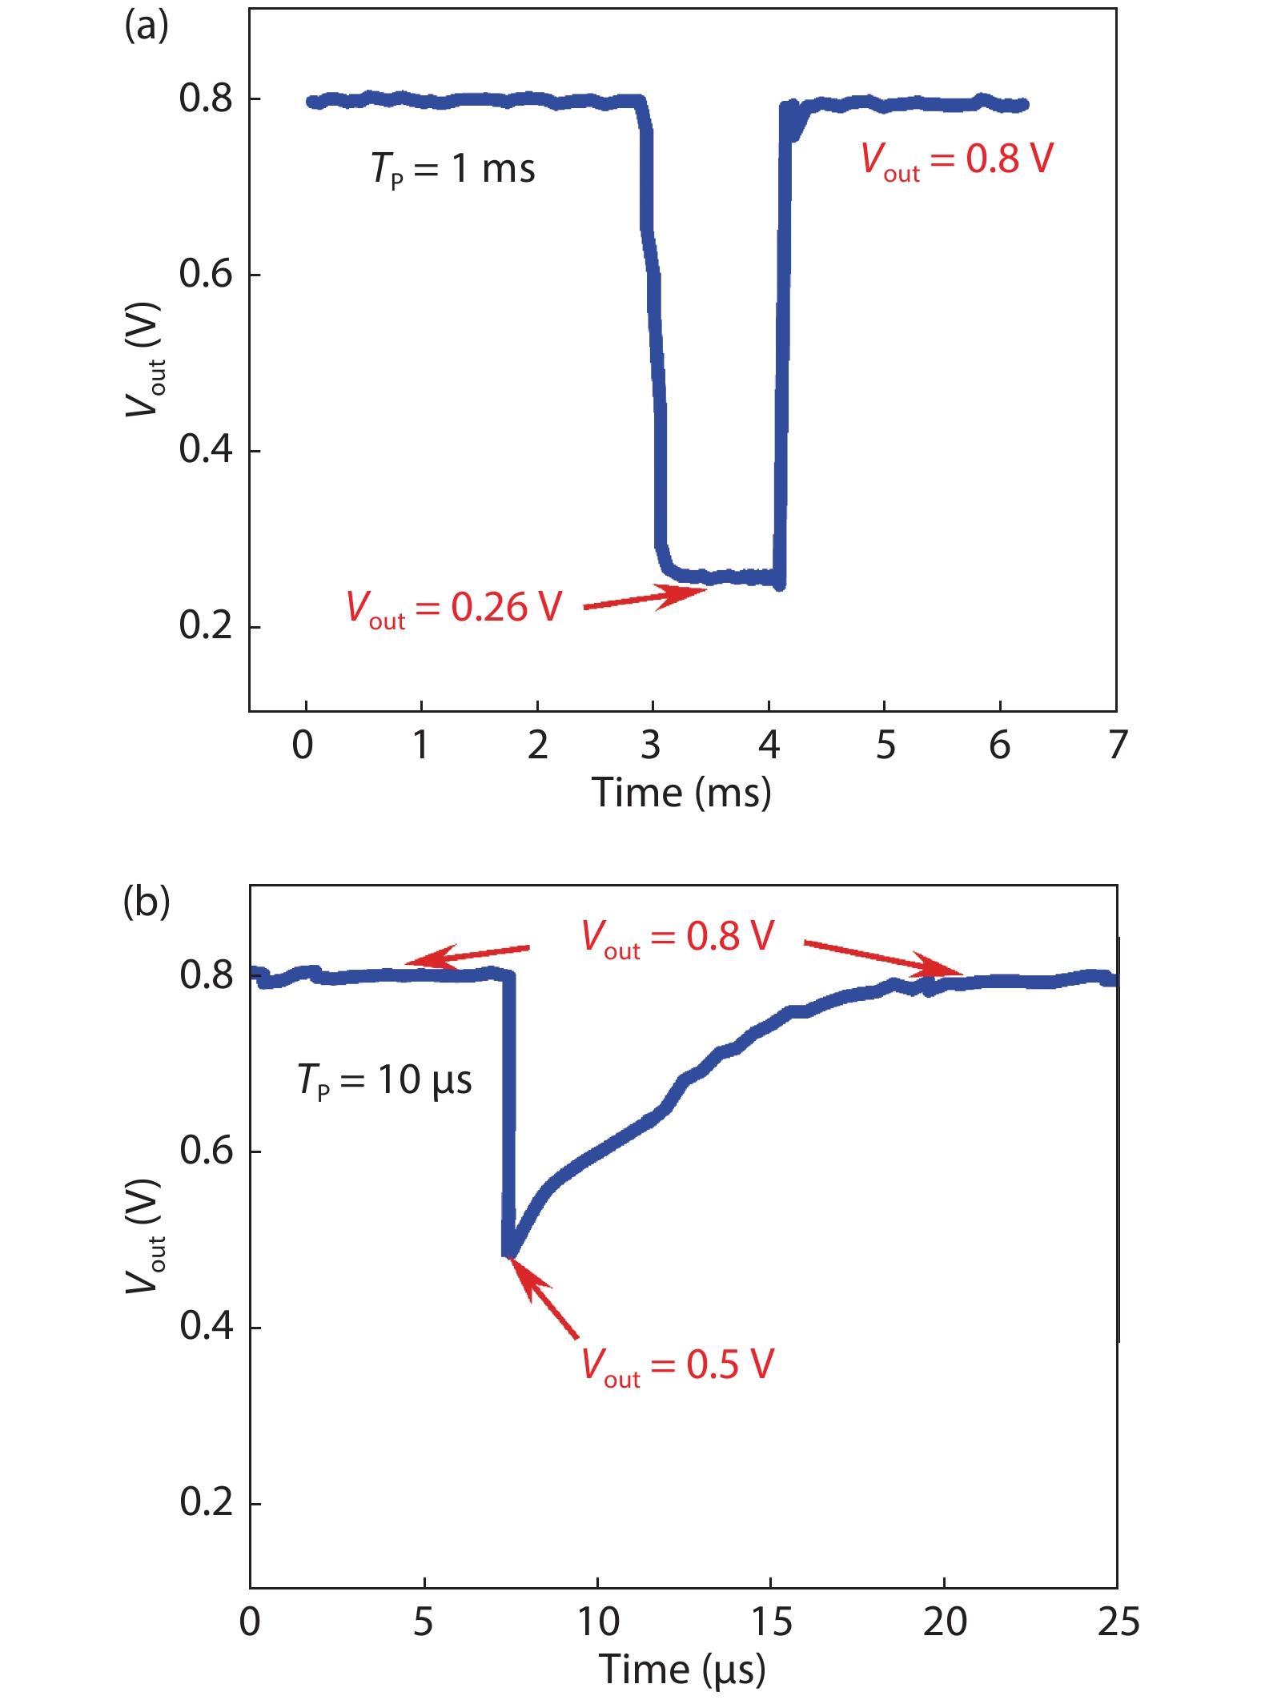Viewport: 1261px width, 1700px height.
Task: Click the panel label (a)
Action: click(146, 26)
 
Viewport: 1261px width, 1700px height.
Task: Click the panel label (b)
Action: click(146, 902)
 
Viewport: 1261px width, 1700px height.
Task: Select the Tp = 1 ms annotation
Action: click(452, 169)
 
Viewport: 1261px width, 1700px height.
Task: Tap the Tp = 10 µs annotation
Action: click(384, 1080)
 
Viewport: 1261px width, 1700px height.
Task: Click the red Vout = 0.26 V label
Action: click(454, 608)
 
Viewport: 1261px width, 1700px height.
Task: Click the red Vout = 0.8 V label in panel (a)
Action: click(957, 159)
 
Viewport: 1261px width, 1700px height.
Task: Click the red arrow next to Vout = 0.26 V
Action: click(645, 598)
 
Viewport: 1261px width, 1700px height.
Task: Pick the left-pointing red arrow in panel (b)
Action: click(468, 954)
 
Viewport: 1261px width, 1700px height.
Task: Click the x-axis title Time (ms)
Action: click(681, 793)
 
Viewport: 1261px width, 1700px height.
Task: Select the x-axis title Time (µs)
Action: click(682, 1670)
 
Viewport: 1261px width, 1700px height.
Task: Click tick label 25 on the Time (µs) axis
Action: click(1118, 1622)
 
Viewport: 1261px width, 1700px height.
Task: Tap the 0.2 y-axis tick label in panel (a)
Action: click(205, 625)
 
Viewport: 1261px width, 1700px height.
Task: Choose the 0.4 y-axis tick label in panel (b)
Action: click(206, 1326)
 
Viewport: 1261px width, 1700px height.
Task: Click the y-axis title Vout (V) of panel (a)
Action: click(145, 360)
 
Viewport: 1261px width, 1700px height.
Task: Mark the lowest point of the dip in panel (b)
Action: click(508, 1252)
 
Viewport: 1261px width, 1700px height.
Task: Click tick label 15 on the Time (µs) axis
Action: click(770, 1622)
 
